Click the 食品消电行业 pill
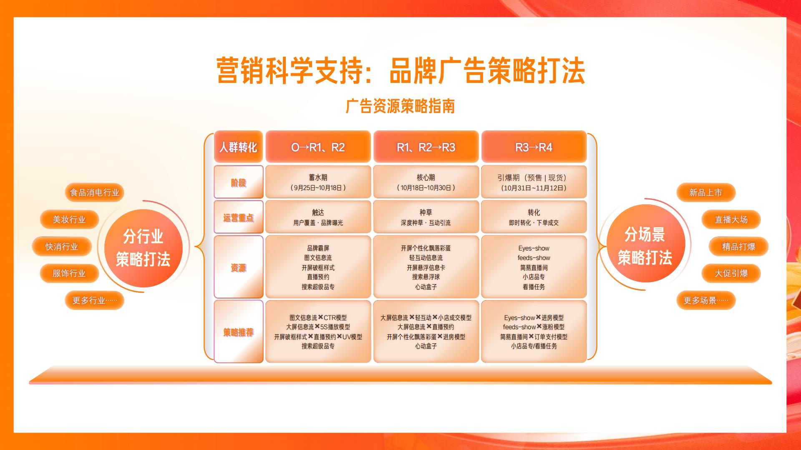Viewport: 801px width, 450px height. pos(94,192)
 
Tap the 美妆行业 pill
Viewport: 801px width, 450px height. pos(69,220)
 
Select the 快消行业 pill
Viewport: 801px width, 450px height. pos(62,247)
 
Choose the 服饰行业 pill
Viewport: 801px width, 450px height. pos(69,273)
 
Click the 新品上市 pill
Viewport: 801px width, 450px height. pos(705,192)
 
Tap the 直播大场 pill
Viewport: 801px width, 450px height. pos(731,220)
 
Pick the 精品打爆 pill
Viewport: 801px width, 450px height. pos(738,247)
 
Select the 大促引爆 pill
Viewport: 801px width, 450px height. pos(731,273)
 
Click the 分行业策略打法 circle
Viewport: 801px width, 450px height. pos(143,247)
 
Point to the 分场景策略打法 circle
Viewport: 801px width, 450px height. pos(645,246)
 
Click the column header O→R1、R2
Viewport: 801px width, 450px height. pos(318,147)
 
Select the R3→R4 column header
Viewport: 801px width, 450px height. pos(534,147)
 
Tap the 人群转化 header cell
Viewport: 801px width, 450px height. pos(238,147)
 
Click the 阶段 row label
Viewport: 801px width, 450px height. pos(238,182)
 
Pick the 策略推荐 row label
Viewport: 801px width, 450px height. pos(238,332)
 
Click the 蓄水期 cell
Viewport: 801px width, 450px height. pos(318,182)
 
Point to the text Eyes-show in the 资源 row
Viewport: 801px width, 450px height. pos(534,248)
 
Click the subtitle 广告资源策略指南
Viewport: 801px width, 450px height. pos(400,106)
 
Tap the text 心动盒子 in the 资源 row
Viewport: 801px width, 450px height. pos(426,287)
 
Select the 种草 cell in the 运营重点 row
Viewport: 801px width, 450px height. pos(426,217)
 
